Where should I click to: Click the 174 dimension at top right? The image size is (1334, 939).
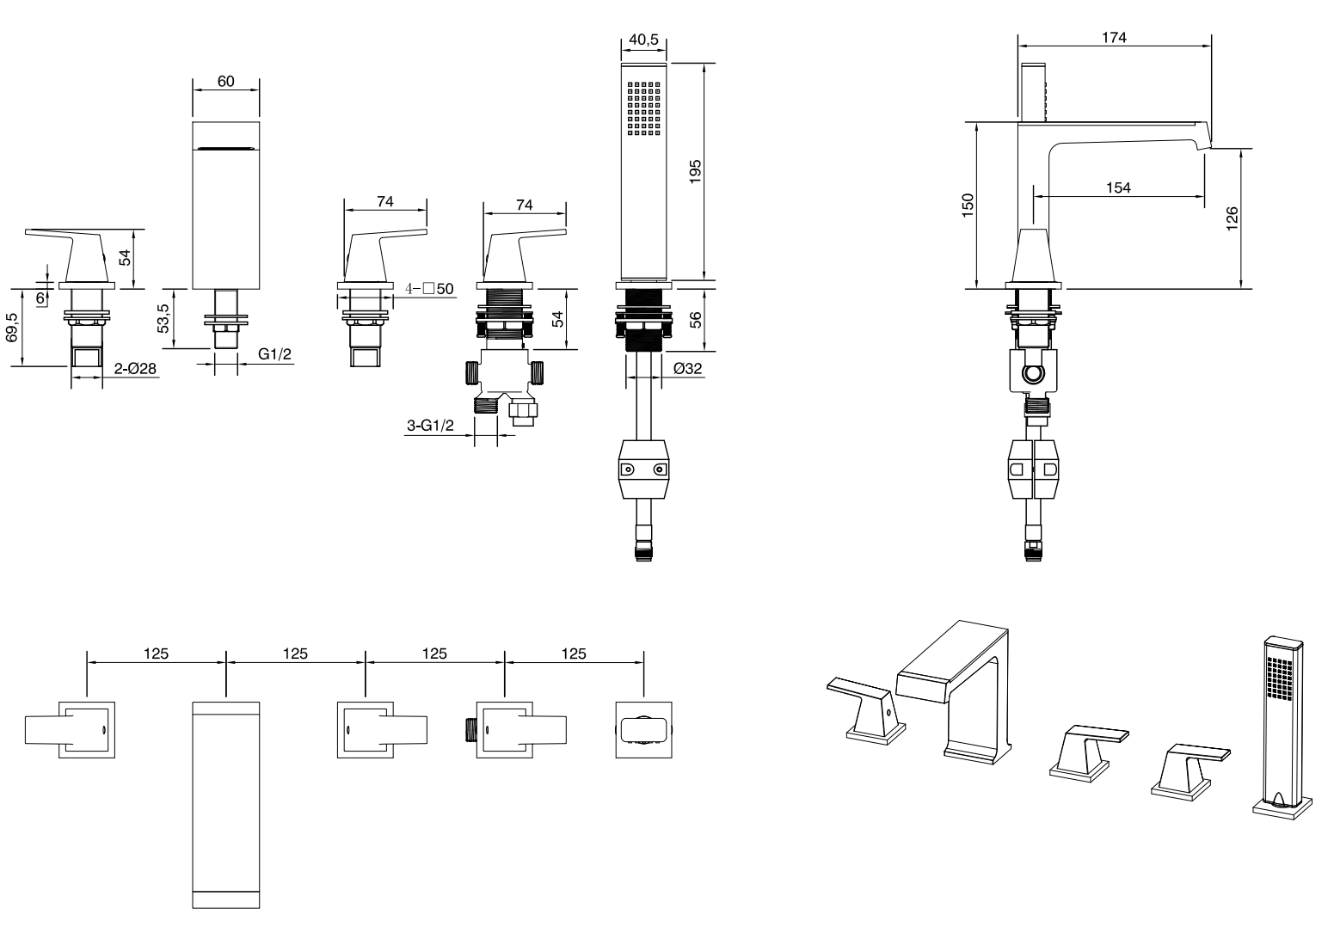(x=1114, y=37)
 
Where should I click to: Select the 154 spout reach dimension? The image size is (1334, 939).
(x=1117, y=187)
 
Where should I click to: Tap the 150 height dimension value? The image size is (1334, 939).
(x=967, y=204)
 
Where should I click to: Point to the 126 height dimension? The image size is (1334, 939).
(x=1231, y=217)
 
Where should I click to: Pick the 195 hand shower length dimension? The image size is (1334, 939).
(x=696, y=170)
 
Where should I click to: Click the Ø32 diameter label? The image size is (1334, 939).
(x=689, y=368)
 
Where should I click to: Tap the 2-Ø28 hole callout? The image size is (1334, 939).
(x=135, y=369)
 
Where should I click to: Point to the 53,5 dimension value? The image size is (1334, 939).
(x=163, y=318)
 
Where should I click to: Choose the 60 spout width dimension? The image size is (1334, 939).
(x=225, y=82)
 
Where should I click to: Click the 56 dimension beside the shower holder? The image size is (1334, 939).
(x=696, y=318)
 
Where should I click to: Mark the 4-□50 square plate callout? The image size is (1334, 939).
(x=429, y=289)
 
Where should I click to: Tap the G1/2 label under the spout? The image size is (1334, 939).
(x=274, y=353)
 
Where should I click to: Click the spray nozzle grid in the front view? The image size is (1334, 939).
(x=643, y=109)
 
